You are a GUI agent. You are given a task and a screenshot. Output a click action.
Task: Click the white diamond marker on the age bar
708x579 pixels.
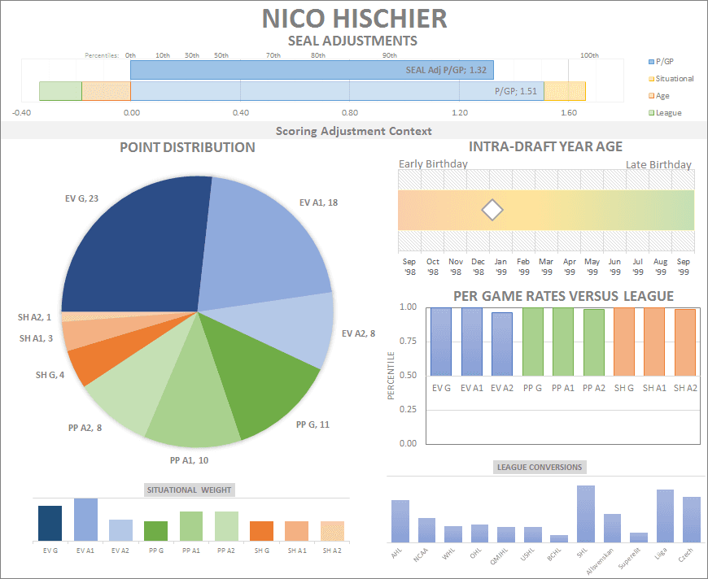tap(492, 210)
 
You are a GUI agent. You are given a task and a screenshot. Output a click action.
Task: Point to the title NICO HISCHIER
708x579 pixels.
tap(354, 18)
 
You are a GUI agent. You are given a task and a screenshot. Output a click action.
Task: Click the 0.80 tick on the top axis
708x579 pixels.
tap(350, 113)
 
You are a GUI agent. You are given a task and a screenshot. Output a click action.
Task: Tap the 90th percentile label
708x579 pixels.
tap(390, 55)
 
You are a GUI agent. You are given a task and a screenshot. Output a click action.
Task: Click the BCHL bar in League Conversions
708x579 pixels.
tap(559, 538)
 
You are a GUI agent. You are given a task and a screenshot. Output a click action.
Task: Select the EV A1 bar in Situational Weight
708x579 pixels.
tap(85, 520)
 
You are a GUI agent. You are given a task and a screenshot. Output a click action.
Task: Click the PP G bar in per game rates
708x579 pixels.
tap(533, 341)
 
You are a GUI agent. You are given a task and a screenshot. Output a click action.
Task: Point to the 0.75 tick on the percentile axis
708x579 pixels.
tap(407, 341)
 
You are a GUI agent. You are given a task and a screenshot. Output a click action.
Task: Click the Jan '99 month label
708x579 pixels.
tap(500, 266)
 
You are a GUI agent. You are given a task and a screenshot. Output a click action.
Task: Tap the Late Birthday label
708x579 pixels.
tap(658, 165)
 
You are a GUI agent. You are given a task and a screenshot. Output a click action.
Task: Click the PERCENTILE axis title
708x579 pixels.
tap(391, 375)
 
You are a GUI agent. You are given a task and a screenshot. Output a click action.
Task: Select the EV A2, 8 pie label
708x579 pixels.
tap(359, 333)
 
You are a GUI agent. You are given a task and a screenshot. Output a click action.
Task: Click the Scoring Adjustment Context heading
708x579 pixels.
tap(354, 131)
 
